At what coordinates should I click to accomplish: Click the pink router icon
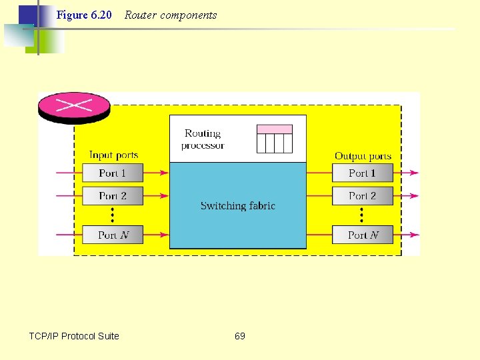[74, 106]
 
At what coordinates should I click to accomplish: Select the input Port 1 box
[112, 173]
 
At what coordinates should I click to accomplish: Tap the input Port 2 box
[112, 196]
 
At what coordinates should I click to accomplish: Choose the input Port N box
[112, 235]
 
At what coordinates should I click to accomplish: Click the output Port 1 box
[362, 173]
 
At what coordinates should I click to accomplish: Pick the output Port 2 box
[362, 196]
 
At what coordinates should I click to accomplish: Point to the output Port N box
[362, 235]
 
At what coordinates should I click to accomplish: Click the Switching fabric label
[237, 206]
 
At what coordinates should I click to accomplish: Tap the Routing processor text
[203, 139]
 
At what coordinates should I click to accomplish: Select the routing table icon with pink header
[275, 139]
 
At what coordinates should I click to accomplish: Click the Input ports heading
[113, 155]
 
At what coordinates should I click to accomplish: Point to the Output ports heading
[363, 156]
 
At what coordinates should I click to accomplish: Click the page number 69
[240, 336]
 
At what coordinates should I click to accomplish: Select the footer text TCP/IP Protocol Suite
[74, 336]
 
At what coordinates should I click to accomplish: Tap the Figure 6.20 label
[84, 15]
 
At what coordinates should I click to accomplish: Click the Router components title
[171, 15]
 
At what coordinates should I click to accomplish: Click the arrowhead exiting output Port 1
[415, 173]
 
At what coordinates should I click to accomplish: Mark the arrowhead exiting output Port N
[415, 235]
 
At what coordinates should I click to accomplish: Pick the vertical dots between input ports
[112, 215]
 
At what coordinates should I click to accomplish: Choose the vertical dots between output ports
[362, 215]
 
